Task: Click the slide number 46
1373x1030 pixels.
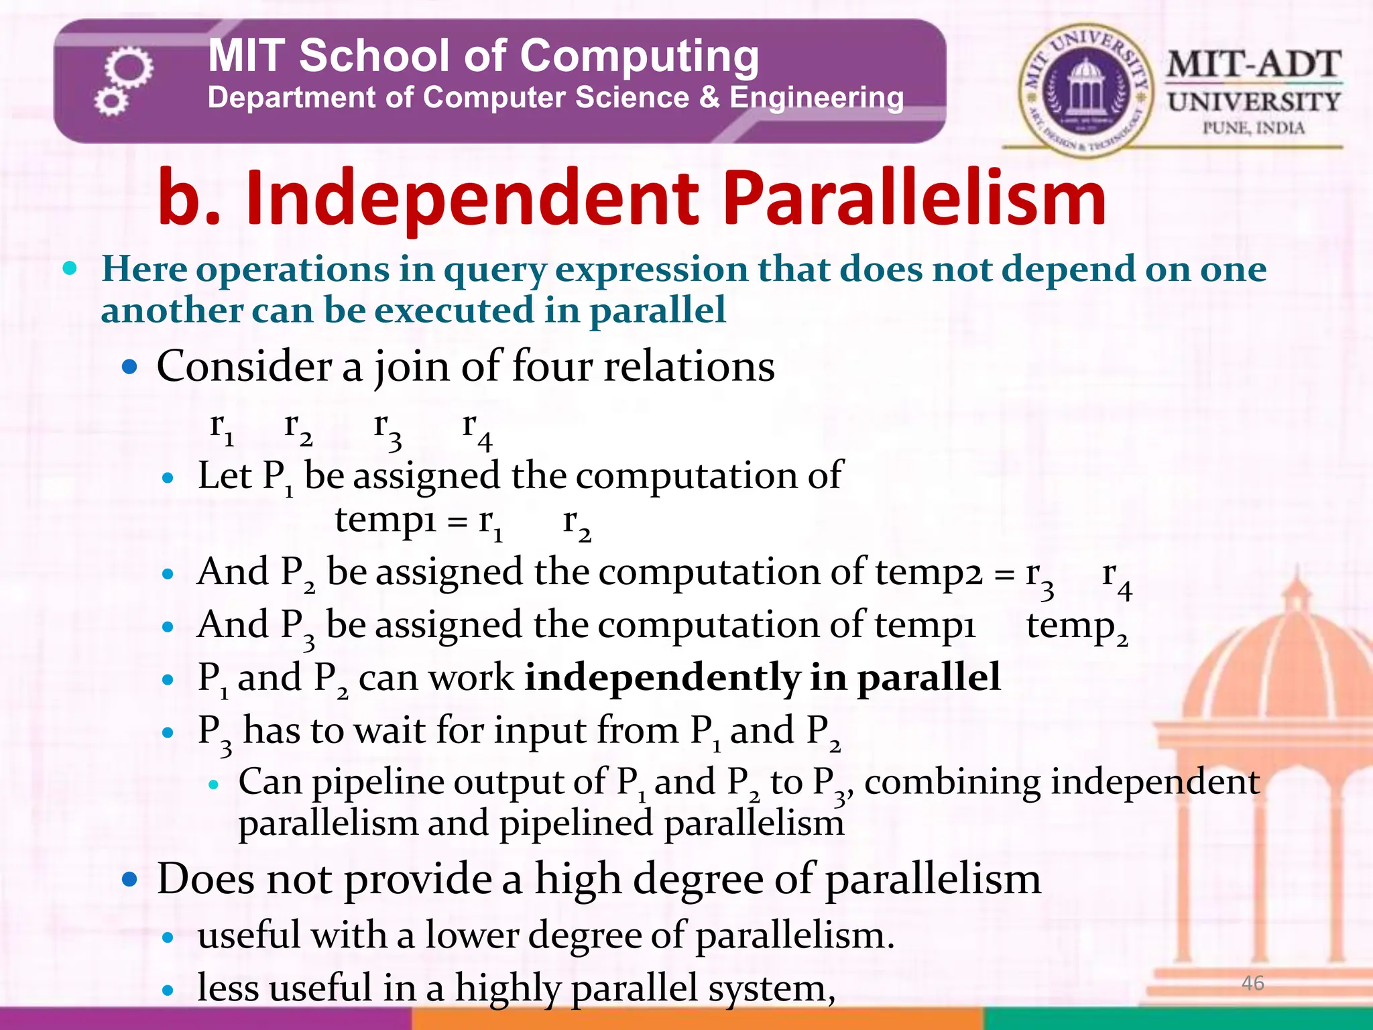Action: (x=1252, y=983)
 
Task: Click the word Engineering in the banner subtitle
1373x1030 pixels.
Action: (x=817, y=98)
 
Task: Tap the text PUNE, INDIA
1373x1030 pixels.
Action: (x=1253, y=127)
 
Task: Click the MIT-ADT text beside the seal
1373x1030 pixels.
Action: (x=1253, y=66)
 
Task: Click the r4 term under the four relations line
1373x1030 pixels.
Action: (x=477, y=429)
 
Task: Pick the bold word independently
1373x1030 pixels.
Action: (x=662, y=677)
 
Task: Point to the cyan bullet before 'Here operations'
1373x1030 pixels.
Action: (x=69, y=269)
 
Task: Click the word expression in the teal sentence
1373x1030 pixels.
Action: (x=651, y=270)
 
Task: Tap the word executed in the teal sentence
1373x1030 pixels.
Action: (x=454, y=310)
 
